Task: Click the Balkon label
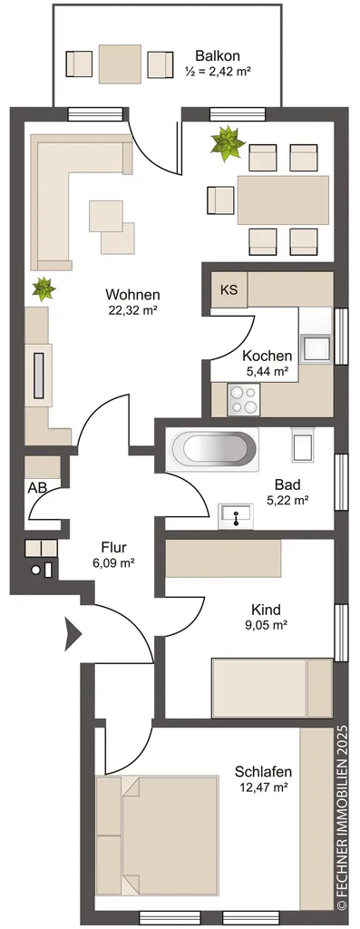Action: (218, 57)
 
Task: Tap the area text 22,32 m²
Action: (133, 308)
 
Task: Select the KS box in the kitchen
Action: (229, 290)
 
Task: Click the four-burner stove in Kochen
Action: (244, 399)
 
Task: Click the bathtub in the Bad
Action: (213, 450)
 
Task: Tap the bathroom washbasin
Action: (236, 516)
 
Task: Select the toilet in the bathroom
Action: (304, 445)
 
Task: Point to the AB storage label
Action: (37, 488)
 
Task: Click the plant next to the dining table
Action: (228, 142)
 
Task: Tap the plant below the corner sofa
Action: (44, 288)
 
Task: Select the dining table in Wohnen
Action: (283, 200)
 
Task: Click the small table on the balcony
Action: (120, 64)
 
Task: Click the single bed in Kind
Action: (272, 688)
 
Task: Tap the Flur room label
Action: (113, 547)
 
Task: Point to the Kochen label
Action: (267, 357)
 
